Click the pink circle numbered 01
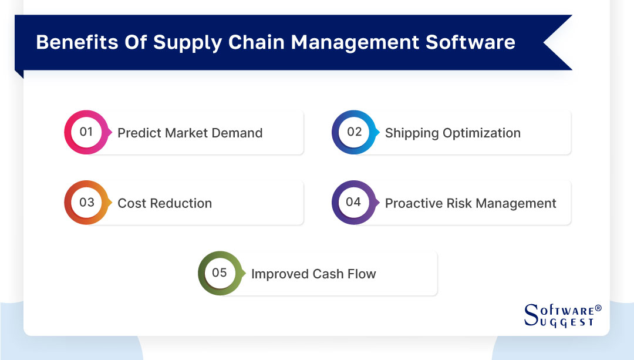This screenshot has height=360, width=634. (x=86, y=132)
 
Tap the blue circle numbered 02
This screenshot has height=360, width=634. (x=354, y=132)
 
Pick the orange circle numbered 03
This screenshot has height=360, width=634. (x=86, y=203)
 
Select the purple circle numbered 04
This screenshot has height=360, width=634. (x=353, y=203)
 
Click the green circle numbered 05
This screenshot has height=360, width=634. (x=220, y=273)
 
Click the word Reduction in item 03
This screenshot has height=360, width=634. (x=183, y=204)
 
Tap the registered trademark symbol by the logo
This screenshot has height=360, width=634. (x=598, y=308)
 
